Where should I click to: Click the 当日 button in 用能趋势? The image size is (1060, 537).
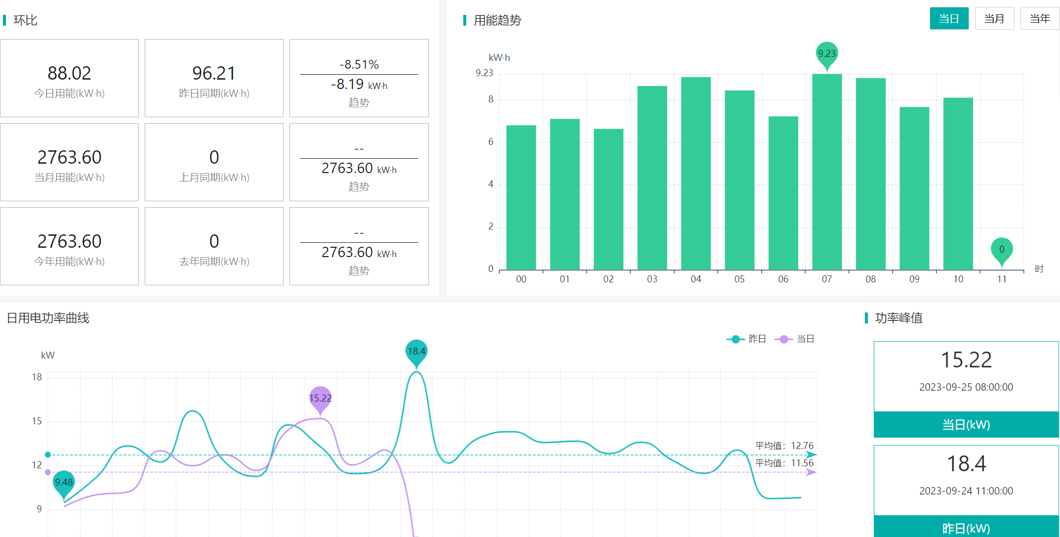point(949,19)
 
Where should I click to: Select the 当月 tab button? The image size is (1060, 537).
point(994,19)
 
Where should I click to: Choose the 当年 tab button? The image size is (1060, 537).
point(1039,19)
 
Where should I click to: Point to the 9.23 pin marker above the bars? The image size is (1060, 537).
point(827,53)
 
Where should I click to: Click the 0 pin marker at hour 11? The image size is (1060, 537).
point(1002,249)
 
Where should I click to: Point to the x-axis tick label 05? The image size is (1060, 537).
point(739,279)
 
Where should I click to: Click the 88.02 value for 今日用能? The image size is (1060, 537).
point(69,73)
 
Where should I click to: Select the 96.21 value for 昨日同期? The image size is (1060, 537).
point(214,73)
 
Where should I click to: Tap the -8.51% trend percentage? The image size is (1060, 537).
point(359,64)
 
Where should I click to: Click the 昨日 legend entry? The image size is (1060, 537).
point(747,339)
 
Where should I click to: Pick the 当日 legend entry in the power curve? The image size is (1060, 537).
point(795,339)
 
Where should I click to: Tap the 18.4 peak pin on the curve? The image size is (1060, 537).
point(416,351)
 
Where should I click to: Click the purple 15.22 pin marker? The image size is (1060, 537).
point(320,398)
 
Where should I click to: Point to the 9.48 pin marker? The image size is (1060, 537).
point(64,482)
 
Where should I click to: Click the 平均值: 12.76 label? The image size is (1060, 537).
point(784,446)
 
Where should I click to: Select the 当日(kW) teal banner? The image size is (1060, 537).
point(966,424)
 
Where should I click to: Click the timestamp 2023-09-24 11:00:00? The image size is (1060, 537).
point(966,491)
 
